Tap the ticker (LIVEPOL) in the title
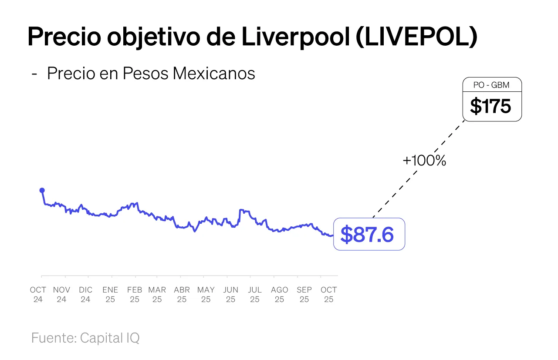click(416, 37)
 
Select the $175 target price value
click(490, 106)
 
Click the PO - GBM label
click(491, 85)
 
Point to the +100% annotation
click(424, 161)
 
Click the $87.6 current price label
click(367, 234)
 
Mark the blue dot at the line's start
click(42, 190)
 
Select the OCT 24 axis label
click(38, 295)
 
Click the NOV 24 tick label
click(61, 295)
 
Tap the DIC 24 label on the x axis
click(85, 295)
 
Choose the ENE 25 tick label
click(110, 295)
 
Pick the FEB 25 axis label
click(135, 295)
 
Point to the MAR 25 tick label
click(157, 295)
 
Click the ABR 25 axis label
click(182, 295)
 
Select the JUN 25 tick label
click(230, 295)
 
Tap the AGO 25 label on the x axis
click(279, 295)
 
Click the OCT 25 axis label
click(328, 295)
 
